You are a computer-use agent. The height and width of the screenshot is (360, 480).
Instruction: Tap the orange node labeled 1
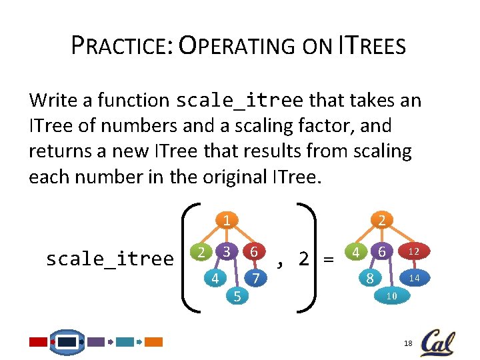pyautogui.click(x=227, y=221)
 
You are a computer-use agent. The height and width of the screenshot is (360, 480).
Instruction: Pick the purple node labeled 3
pyautogui.click(x=227, y=252)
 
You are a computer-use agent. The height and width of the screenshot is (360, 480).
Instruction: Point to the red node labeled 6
pyautogui.click(x=254, y=252)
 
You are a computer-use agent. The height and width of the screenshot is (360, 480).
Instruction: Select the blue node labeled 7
pyautogui.click(x=254, y=277)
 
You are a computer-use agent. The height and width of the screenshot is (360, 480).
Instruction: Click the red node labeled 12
pyautogui.click(x=413, y=252)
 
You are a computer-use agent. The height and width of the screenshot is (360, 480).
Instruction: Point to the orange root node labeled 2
pyautogui.click(x=381, y=221)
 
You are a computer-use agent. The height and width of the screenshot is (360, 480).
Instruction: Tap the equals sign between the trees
pyautogui.click(x=328, y=259)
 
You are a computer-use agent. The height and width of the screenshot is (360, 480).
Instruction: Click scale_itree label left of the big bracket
pyautogui.click(x=109, y=259)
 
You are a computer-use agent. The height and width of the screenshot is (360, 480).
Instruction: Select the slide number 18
pyautogui.click(x=408, y=343)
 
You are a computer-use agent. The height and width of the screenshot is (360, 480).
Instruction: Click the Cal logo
pyautogui.click(x=437, y=342)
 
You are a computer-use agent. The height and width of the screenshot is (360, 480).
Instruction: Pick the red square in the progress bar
pyautogui.click(x=38, y=341)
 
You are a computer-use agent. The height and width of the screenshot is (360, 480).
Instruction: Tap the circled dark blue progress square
pyautogui.click(x=67, y=341)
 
